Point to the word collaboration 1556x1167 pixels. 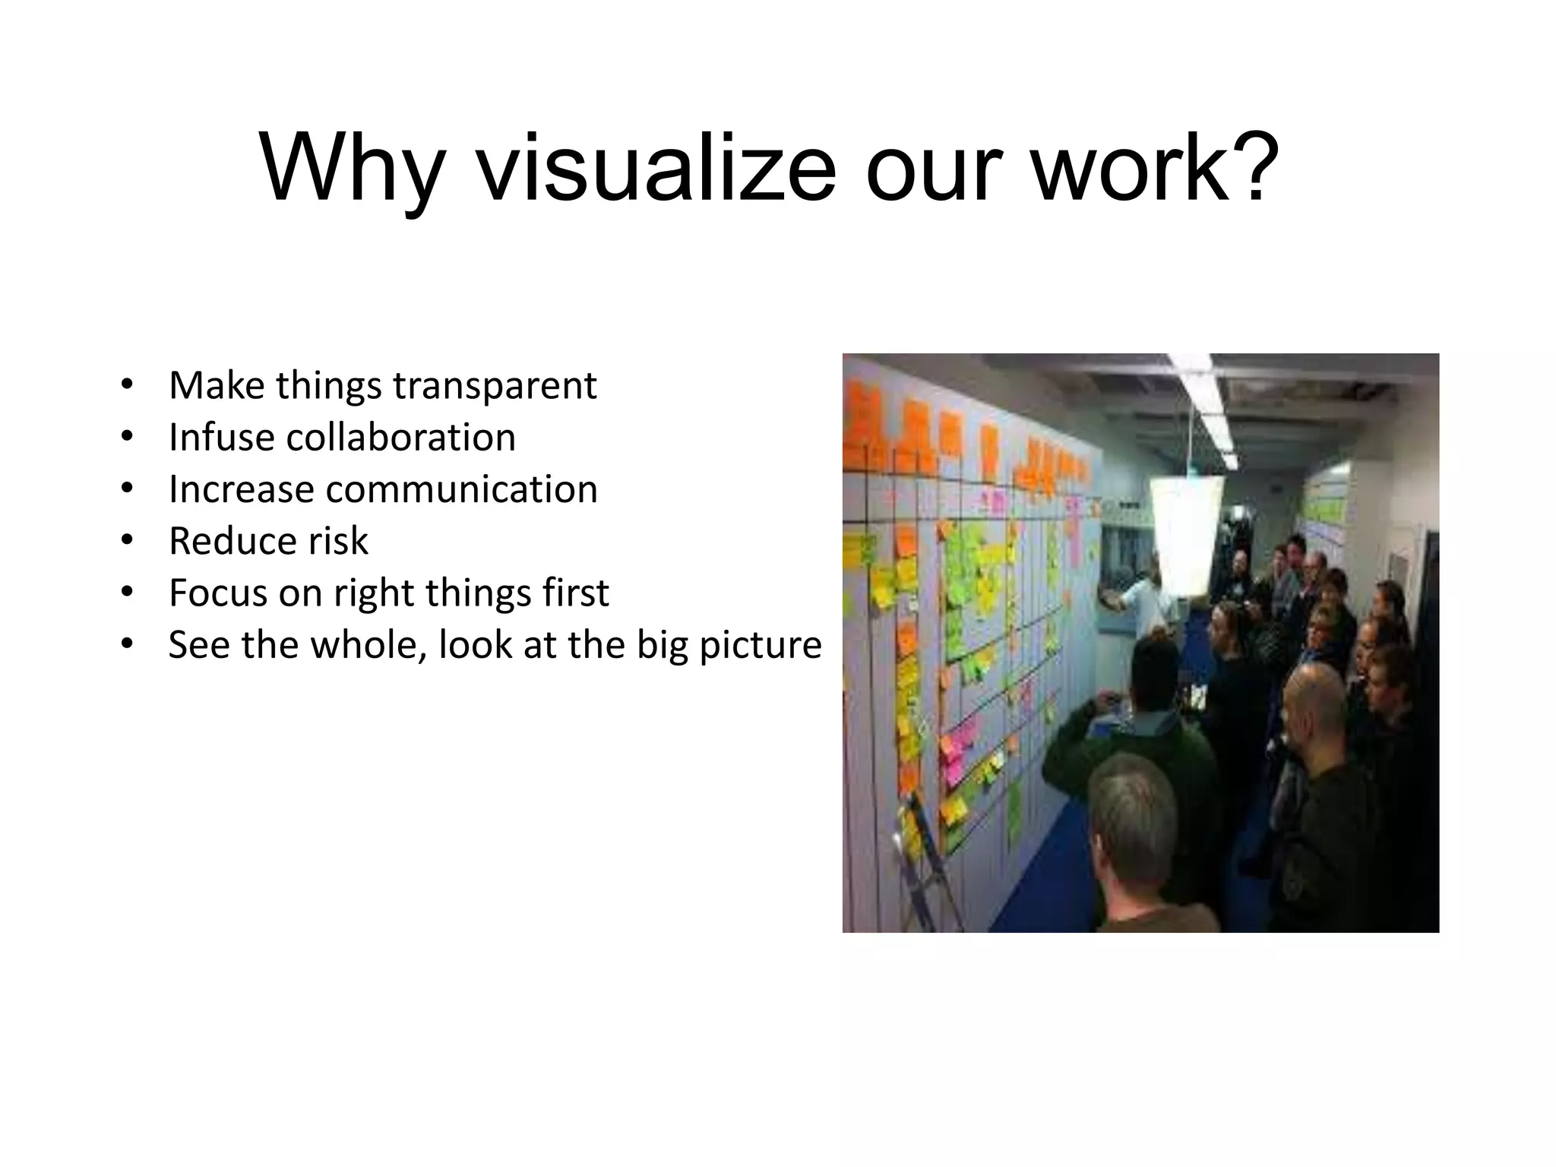pos(400,438)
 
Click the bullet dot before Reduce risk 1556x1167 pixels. pos(127,541)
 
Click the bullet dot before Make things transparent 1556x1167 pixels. pos(127,384)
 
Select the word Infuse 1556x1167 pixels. pos(220,438)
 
